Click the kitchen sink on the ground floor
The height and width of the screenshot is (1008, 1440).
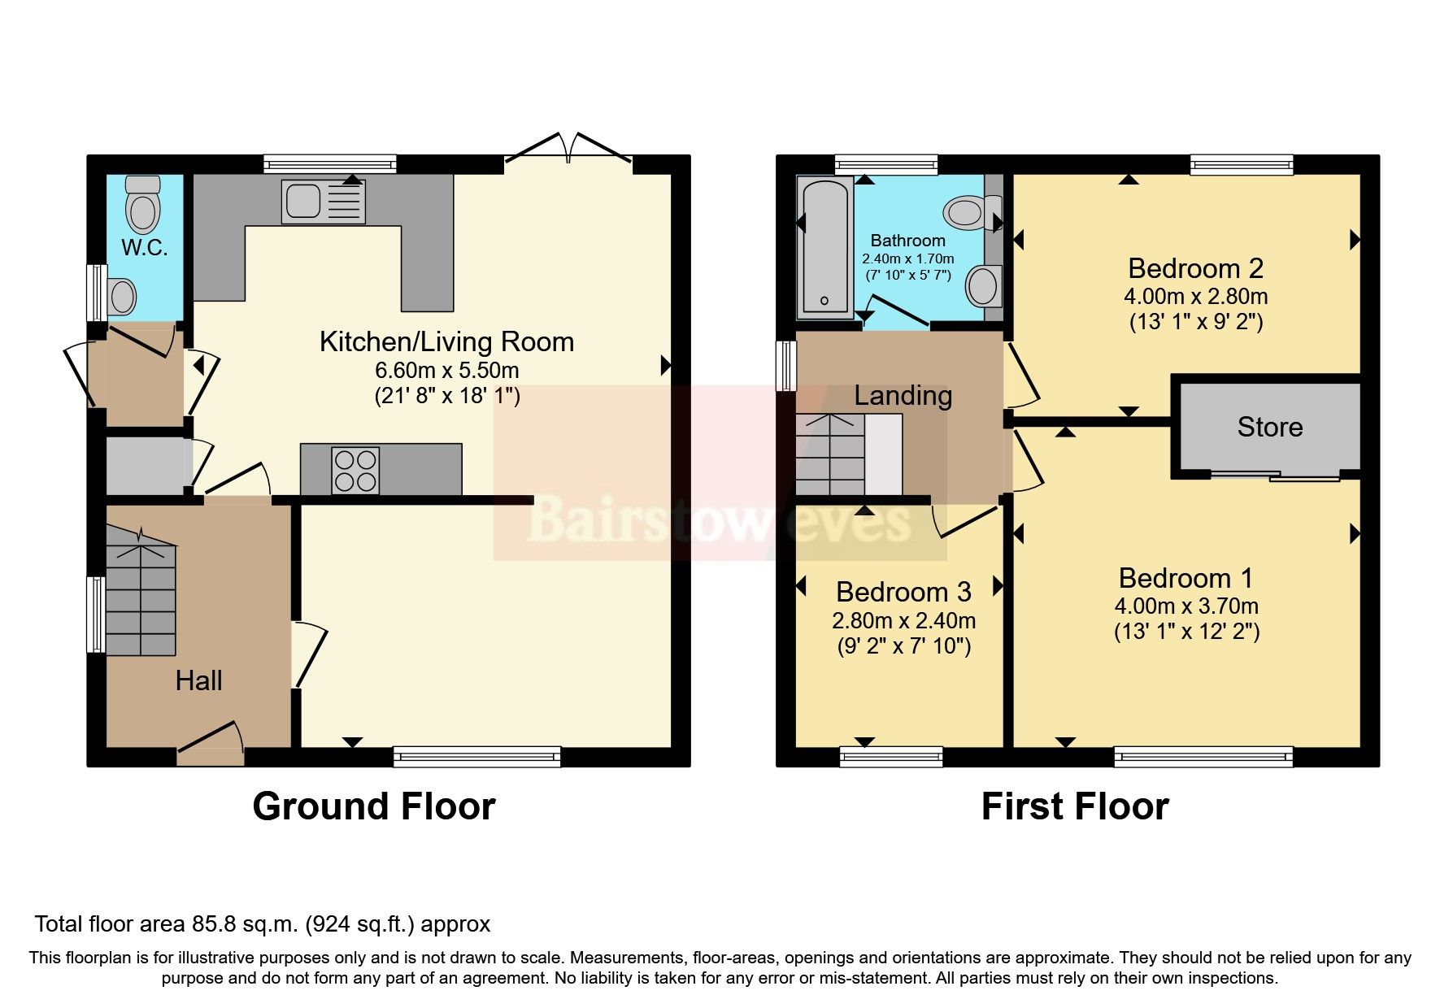323,202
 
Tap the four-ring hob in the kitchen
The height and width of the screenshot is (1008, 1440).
356,471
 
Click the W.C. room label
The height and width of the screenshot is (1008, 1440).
145,247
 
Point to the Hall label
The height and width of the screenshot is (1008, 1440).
198,680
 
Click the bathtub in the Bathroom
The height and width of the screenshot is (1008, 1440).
824,246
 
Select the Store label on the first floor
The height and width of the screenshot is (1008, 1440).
1269,427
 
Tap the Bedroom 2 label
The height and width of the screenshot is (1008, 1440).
1195,267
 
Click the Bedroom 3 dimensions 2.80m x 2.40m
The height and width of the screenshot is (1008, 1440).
903,621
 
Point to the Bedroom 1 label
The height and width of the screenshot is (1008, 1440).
1185,578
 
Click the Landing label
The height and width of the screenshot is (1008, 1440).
903,395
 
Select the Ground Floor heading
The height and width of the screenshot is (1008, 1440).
373,806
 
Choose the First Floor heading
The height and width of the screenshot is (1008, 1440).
1074,806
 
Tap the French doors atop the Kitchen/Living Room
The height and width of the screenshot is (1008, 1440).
568,151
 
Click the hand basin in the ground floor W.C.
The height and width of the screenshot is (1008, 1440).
122,297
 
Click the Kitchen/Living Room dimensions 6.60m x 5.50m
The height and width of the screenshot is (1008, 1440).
446,371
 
